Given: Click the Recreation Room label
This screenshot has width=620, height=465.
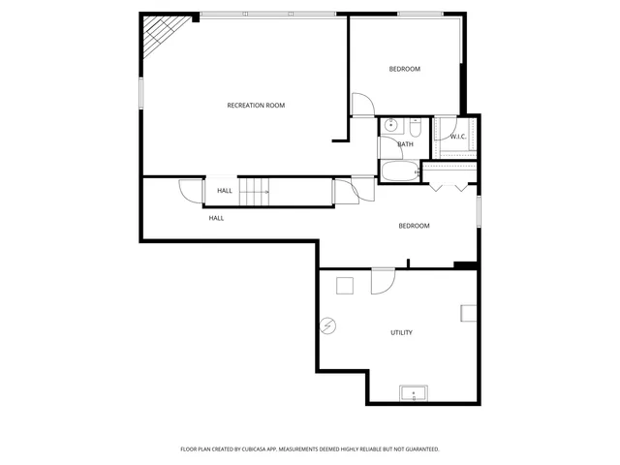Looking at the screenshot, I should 256,105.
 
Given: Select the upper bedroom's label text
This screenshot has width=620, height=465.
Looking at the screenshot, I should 404,69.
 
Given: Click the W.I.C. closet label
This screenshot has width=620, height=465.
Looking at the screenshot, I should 458,137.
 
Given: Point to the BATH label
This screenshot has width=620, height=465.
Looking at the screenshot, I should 405,144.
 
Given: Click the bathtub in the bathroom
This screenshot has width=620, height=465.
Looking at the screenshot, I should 398,172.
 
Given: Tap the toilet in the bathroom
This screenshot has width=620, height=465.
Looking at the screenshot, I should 414,127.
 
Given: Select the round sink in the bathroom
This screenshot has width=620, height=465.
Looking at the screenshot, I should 390,125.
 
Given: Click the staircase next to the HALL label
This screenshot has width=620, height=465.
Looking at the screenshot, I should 254,192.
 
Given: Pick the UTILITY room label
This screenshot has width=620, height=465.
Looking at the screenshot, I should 401,332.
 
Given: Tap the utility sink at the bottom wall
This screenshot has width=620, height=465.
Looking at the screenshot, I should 414,393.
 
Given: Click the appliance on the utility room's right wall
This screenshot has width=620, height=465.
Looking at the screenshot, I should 469,313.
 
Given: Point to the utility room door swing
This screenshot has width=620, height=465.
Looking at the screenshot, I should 382,280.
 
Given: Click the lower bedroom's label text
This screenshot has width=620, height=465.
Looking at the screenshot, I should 414,226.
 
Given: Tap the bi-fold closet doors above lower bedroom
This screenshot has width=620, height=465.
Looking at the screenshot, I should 449,184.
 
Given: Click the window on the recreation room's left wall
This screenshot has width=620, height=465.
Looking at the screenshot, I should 142,93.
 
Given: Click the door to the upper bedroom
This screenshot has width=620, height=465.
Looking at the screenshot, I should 358,105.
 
